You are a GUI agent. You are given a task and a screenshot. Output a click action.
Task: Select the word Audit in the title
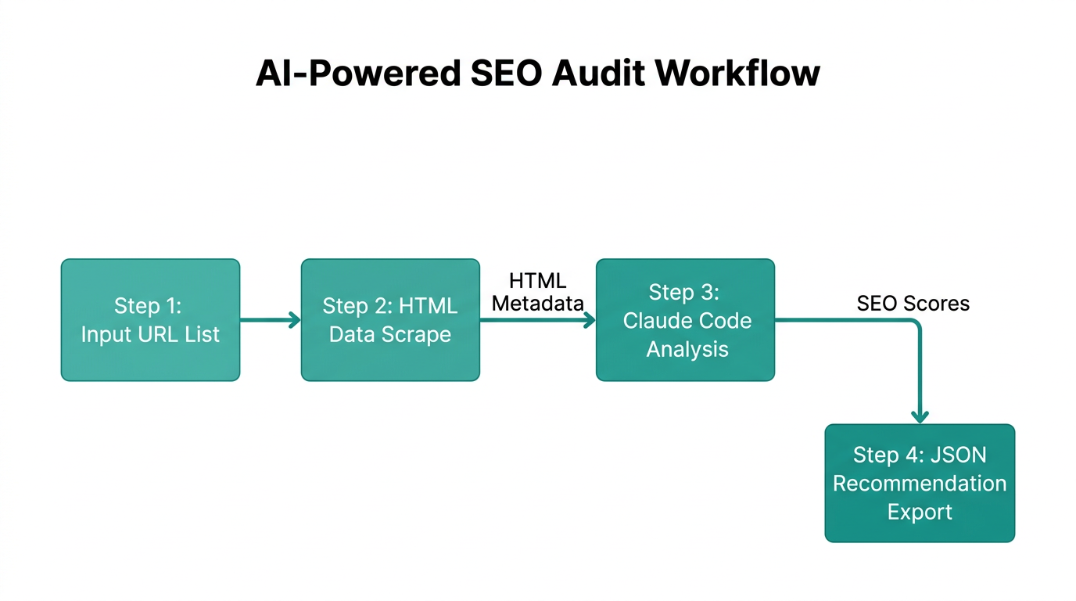tap(598, 74)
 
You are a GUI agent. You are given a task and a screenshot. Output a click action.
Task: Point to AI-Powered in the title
tap(357, 74)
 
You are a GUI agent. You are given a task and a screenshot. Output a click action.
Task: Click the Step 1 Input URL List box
tap(150, 320)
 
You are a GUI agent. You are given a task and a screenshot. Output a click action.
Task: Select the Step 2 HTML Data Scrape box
tap(390, 320)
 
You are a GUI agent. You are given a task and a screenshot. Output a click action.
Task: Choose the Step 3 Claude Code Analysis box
tap(686, 320)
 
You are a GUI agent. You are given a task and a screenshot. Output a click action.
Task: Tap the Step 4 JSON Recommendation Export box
tap(920, 483)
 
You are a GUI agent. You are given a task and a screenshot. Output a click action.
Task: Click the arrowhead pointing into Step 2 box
tap(295, 320)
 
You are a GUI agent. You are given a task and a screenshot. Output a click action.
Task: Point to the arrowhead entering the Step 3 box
tap(590, 320)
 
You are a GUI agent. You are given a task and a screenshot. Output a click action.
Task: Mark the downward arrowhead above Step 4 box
tap(920, 416)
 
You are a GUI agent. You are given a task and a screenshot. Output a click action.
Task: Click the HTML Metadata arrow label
tap(537, 292)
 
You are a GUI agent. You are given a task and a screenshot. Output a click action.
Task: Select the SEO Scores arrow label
tap(913, 304)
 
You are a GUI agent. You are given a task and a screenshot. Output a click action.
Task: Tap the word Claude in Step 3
tap(654, 321)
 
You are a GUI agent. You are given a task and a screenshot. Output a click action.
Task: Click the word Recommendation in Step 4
tap(920, 484)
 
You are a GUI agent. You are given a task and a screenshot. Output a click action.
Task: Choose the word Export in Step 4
tap(920, 513)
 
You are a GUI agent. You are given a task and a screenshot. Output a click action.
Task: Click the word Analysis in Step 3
tap(687, 349)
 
